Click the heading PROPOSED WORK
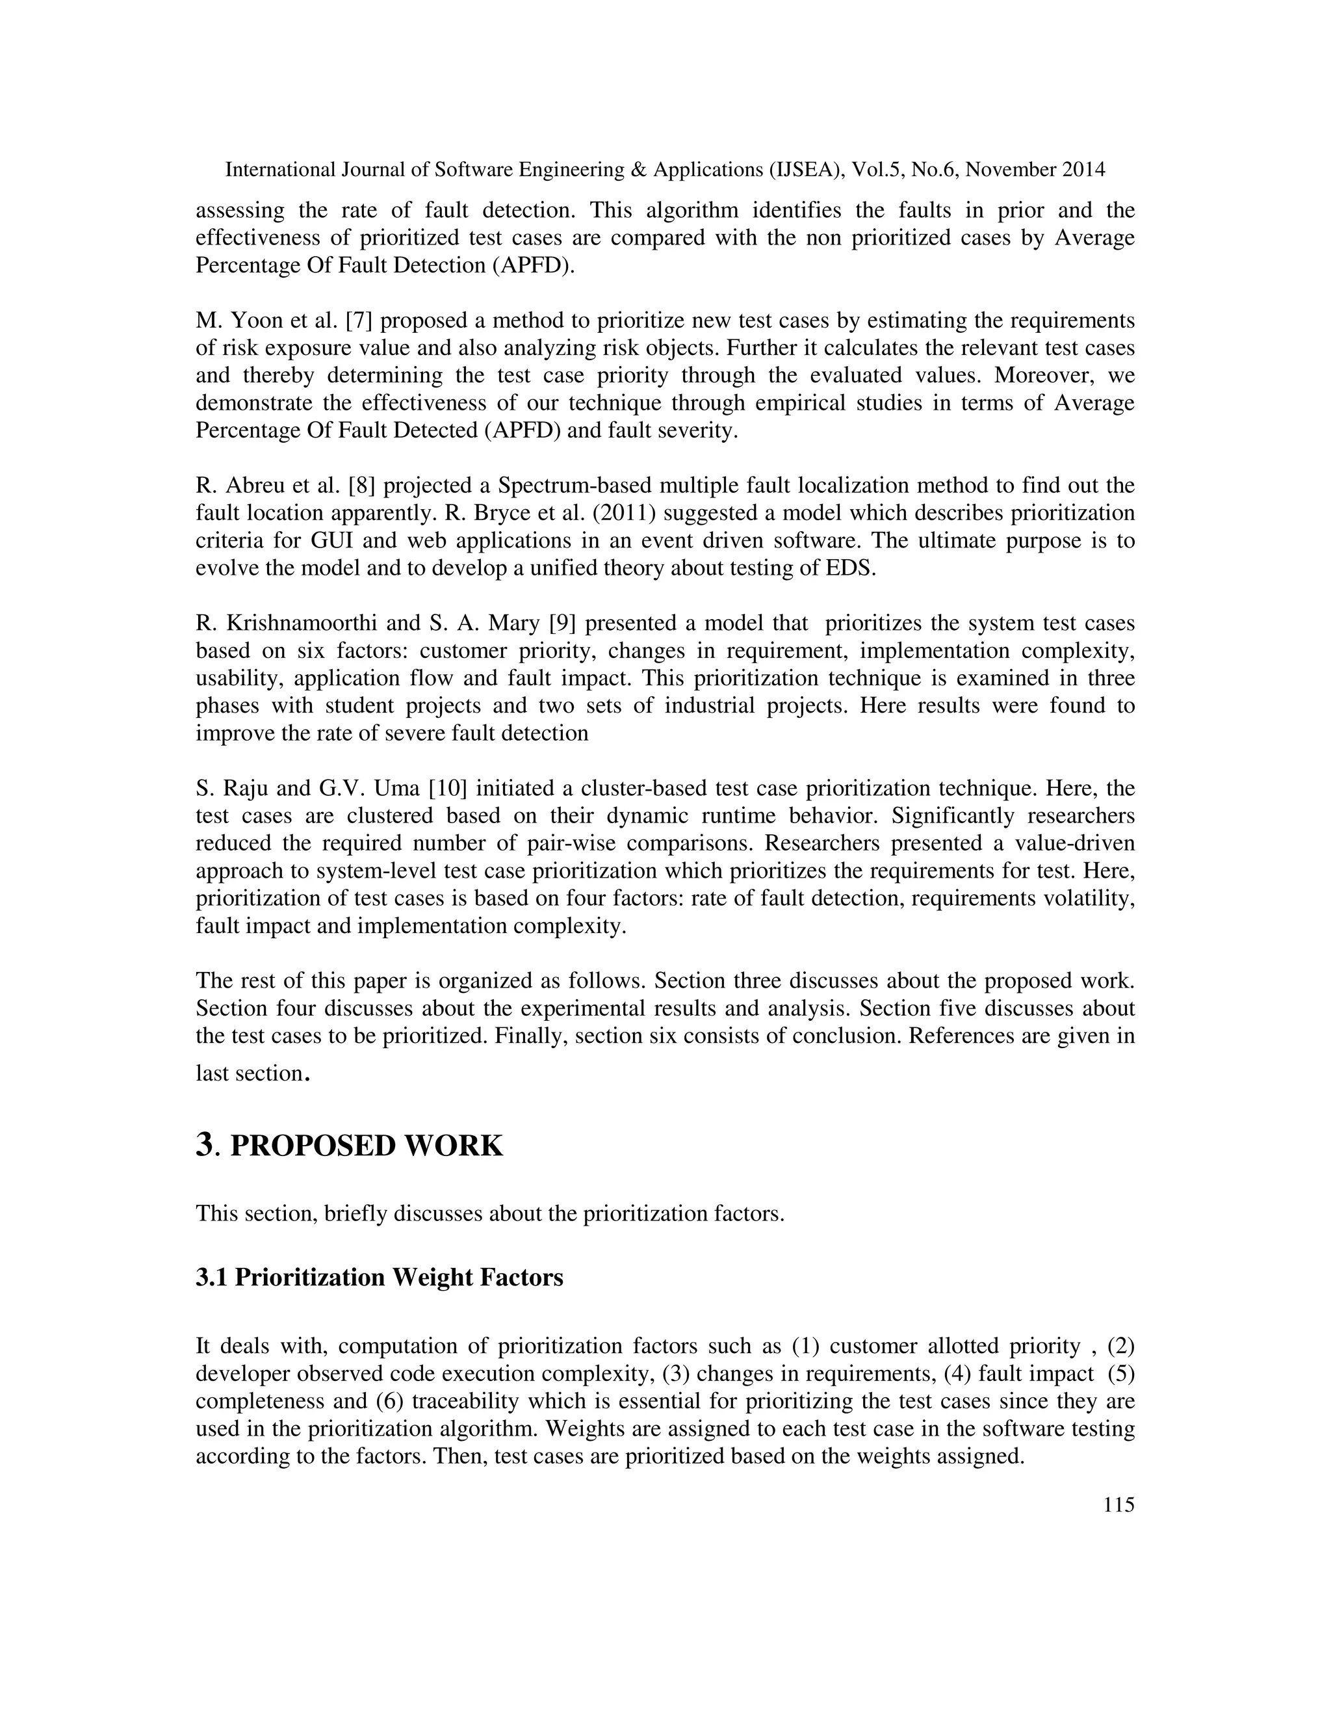[366, 1146]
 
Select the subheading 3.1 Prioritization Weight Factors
[380, 1276]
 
